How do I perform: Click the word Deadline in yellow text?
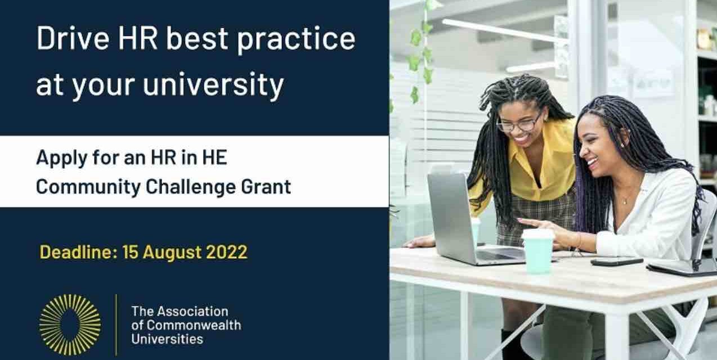coord(77,253)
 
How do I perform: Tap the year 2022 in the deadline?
coord(226,253)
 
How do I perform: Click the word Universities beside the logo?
coord(167,339)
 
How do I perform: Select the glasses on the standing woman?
coord(519,123)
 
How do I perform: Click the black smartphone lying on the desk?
coord(616,261)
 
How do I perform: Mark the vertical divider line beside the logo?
coord(116,325)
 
